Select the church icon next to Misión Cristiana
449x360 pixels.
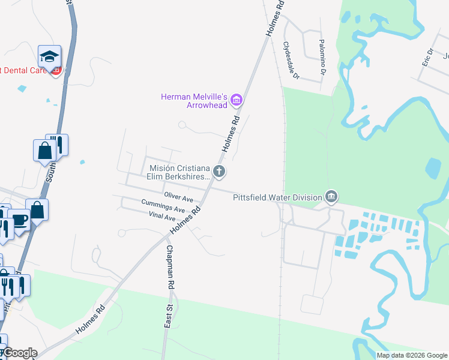[x=220, y=172]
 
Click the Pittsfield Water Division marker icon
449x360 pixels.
[x=331, y=196]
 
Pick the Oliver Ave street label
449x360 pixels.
[x=178, y=197]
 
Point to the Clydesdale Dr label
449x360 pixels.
[x=291, y=60]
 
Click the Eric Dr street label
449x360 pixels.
[x=427, y=57]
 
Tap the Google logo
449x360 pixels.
[x=19, y=353]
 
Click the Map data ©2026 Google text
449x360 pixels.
[x=412, y=355]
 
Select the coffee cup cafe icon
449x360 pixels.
[x=19, y=219]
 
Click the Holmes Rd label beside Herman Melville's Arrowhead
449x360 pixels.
[x=231, y=133]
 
